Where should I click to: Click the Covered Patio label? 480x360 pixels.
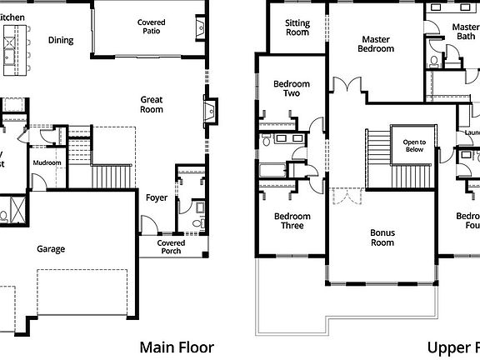[x=151, y=27]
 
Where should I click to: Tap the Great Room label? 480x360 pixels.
[x=151, y=104]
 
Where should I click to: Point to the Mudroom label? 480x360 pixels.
[x=47, y=162]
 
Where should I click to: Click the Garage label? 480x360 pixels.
[x=51, y=248]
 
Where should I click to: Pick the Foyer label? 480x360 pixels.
[x=157, y=198]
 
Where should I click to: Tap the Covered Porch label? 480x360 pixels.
[x=171, y=247]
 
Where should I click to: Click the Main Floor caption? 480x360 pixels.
[x=177, y=347]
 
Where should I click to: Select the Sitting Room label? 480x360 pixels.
[x=297, y=28]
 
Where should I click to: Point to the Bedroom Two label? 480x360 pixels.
[x=292, y=89]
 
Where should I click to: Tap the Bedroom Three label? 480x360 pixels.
[x=292, y=221]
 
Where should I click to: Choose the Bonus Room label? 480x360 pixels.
[x=382, y=237]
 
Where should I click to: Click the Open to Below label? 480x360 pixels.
[x=414, y=145]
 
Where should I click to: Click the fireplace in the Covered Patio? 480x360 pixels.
[x=197, y=29]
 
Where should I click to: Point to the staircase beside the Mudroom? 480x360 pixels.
[x=110, y=176]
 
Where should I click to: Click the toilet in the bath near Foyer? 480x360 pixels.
[x=197, y=222]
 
